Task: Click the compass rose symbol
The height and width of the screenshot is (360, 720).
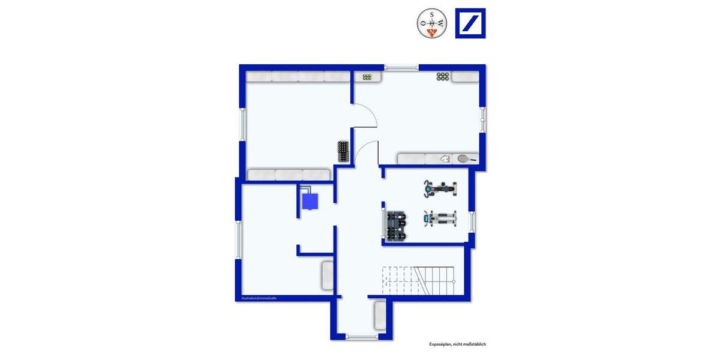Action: click(x=432, y=23)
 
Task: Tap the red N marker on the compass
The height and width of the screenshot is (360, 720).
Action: click(x=432, y=32)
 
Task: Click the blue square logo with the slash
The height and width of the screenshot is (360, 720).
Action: click(x=470, y=23)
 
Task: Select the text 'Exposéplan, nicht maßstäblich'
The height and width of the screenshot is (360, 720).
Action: click(x=457, y=344)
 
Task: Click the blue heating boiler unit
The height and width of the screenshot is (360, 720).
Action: click(x=310, y=200)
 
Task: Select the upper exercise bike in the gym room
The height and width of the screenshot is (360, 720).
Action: click(x=440, y=188)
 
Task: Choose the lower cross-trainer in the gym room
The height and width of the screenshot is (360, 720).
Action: click(x=440, y=219)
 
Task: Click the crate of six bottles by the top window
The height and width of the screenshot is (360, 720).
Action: click(x=367, y=76)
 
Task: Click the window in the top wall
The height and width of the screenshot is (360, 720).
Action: click(x=401, y=68)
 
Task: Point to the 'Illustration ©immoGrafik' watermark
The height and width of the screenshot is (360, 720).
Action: click(x=259, y=298)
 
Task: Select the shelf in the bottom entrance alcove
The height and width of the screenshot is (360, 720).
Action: click(x=380, y=315)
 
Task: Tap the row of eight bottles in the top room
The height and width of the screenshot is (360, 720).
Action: click(x=443, y=76)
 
